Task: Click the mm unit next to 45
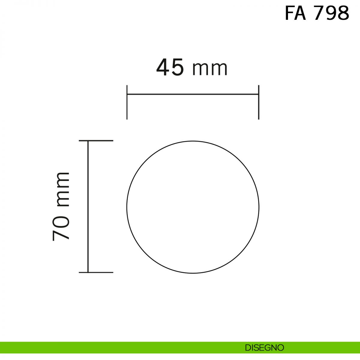click(210, 69)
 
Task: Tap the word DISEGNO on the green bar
click(265, 348)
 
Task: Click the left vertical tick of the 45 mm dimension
click(127, 102)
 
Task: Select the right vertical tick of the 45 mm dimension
click(259, 102)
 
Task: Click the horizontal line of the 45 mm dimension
click(193, 94)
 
